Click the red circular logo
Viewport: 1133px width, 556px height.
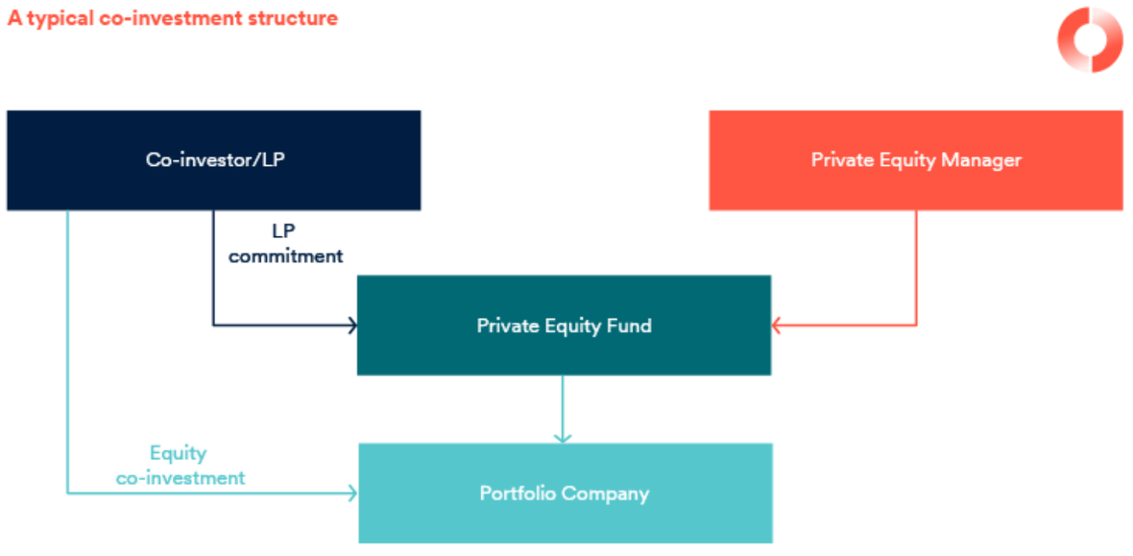tap(1090, 39)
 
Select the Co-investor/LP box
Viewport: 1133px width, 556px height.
tap(213, 160)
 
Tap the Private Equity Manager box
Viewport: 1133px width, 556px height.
tap(915, 160)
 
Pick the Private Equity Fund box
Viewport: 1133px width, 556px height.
tap(564, 326)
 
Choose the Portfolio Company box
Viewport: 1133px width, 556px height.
tap(565, 494)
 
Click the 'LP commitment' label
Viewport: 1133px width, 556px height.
tap(285, 244)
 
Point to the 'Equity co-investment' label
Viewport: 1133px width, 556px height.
tap(181, 466)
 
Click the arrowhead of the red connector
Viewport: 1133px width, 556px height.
tap(777, 326)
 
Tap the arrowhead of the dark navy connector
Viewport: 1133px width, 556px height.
tap(351, 326)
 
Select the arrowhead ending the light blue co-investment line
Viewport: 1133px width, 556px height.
tap(352, 494)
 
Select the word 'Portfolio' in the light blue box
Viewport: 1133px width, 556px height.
tap(518, 494)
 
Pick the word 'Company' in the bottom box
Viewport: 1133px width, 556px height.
tap(605, 494)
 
